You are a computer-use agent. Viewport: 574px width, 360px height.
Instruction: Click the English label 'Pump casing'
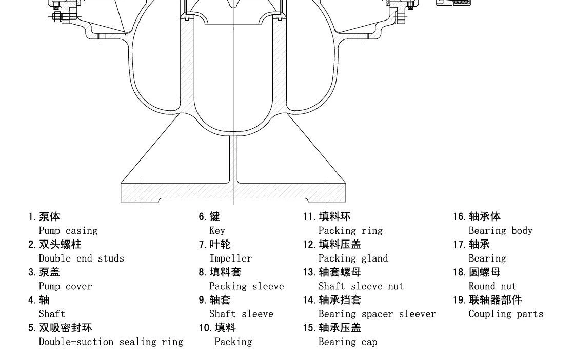[68, 231]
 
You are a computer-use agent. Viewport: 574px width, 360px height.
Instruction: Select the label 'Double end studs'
[81, 258]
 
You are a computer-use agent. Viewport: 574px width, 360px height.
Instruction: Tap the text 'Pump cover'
[65, 286]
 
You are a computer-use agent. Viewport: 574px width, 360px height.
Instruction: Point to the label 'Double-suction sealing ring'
[111, 342]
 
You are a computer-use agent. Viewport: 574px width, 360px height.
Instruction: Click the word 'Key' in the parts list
[217, 231]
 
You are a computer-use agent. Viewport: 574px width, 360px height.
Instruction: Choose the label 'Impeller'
[230, 258]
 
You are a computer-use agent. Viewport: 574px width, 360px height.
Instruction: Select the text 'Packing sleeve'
[246, 286]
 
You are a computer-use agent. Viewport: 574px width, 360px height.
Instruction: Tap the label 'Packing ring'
[350, 231]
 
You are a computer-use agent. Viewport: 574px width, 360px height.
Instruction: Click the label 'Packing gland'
[353, 258]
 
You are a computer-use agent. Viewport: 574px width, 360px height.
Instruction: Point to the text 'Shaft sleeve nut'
[361, 286]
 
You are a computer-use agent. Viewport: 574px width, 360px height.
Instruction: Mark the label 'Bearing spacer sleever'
[377, 314]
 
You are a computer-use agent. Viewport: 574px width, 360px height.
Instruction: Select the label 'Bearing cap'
[347, 342]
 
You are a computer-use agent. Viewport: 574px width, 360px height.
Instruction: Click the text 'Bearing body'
[500, 231]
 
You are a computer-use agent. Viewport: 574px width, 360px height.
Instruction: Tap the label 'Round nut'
[492, 286]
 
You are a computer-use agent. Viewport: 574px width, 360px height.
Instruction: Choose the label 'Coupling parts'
[505, 314]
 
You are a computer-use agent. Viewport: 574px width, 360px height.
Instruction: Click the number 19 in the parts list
[458, 300]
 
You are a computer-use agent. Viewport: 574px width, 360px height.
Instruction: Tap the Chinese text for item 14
[340, 300]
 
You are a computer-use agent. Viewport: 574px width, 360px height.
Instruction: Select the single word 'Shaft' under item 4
[52, 314]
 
